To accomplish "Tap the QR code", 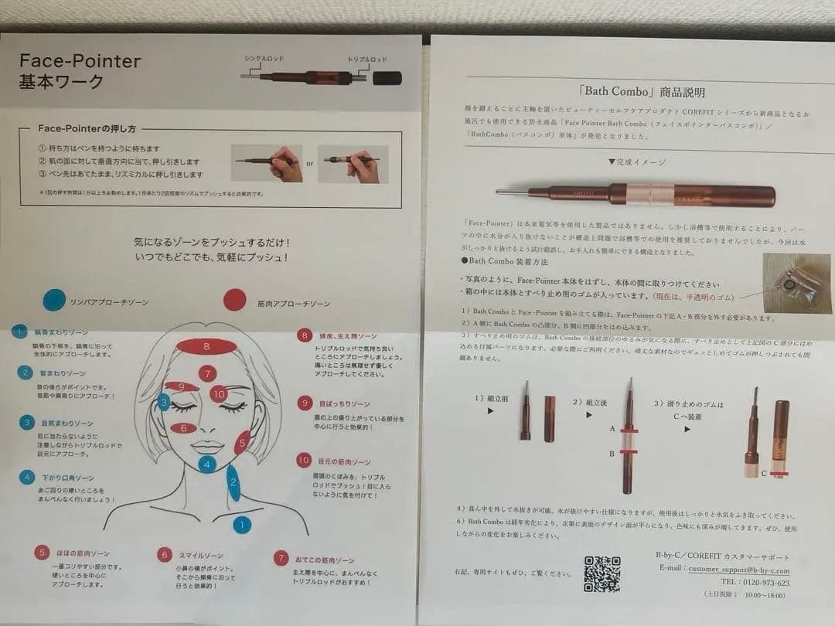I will pos(601,573).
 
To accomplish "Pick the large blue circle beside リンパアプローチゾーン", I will pos(54,300).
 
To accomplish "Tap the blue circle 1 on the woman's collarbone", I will pos(242,525).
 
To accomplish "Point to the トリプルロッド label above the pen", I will pos(366,59).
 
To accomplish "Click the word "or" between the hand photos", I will pos(309,164).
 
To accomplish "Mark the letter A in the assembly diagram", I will pos(612,427).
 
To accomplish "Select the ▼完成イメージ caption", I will pos(636,162).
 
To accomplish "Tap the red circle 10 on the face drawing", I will pos(218,393).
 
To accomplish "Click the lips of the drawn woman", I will pos(206,447).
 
